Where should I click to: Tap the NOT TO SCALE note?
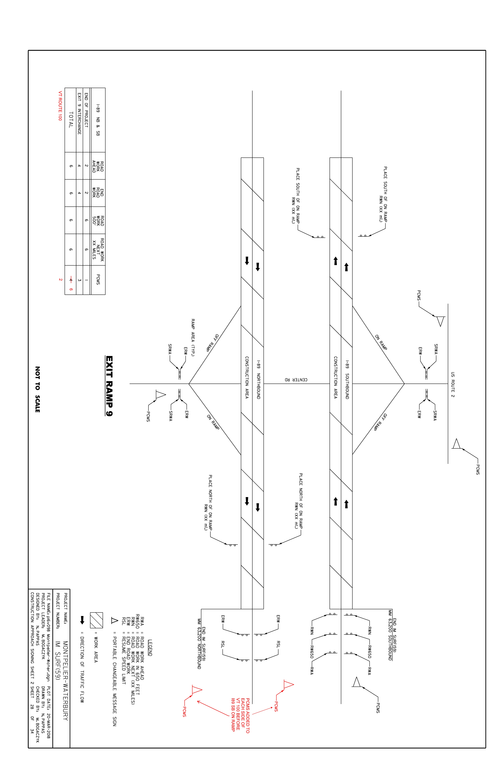tap(37, 389)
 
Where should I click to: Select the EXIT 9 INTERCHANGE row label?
tap(79, 114)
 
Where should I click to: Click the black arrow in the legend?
tap(82, 620)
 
